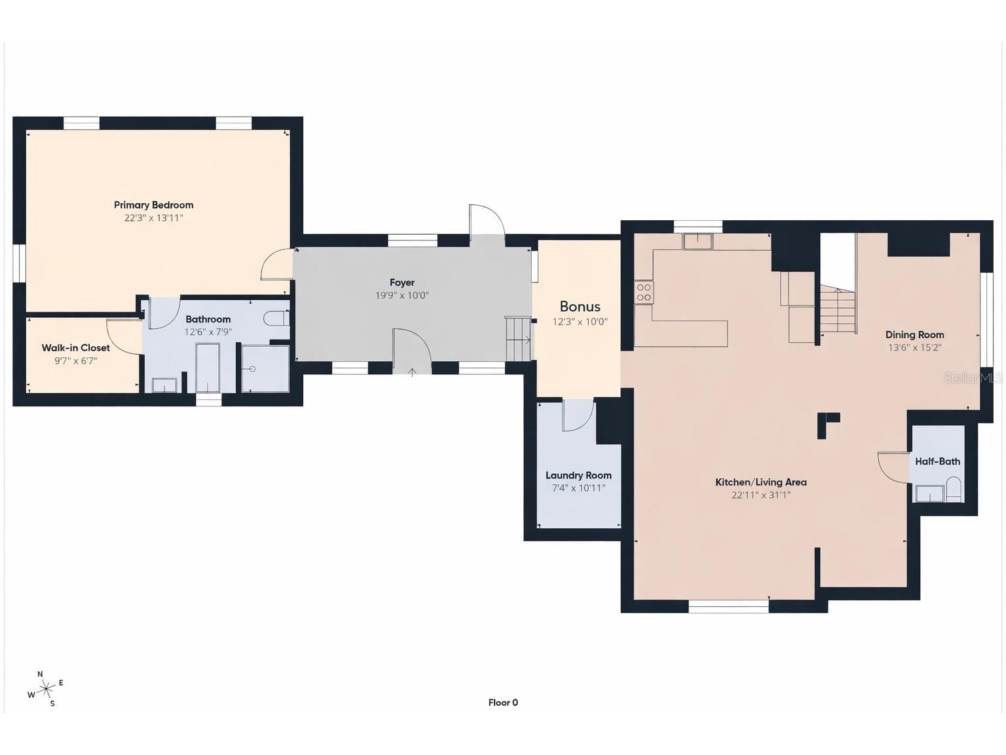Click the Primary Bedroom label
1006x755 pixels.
(x=153, y=205)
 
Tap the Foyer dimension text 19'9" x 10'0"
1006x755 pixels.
(x=401, y=296)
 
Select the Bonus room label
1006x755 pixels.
(x=580, y=307)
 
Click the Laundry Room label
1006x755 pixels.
(x=578, y=475)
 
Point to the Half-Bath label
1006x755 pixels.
(x=937, y=461)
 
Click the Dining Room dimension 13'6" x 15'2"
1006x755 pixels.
(x=914, y=348)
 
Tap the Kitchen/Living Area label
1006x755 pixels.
(x=760, y=482)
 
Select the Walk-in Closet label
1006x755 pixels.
(x=76, y=348)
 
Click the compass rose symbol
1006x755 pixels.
(x=46, y=689)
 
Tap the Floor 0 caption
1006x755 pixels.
(x=503, y=703)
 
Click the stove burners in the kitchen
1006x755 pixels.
(x=644, y=292)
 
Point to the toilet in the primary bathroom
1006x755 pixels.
(x=276, y=319)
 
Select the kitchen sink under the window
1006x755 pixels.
(x=698, y=242)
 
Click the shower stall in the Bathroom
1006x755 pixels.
(x=265, y=369)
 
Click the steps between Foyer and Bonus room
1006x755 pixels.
(x=519, y=338)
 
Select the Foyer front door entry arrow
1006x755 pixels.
(x=412, y=372)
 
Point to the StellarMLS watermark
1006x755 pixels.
(x=972, y=378)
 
